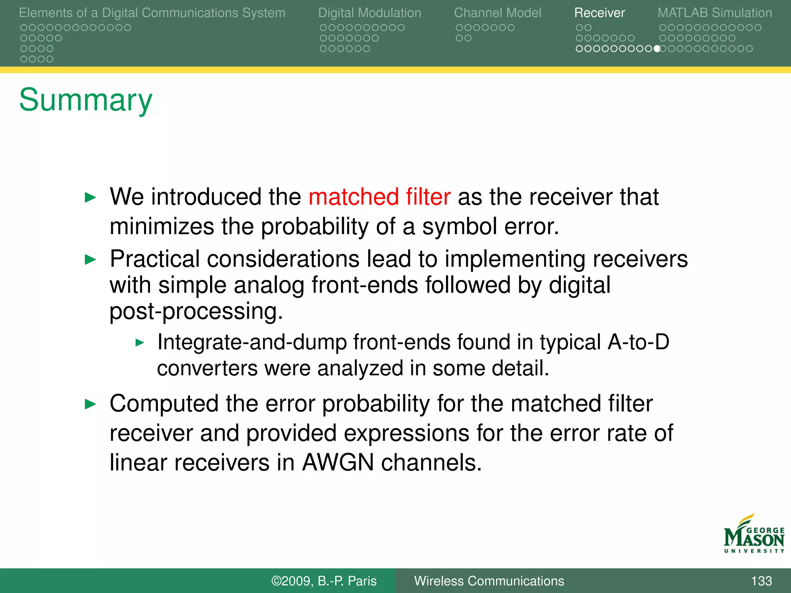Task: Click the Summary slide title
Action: point(86,100)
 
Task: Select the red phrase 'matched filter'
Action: point(379,197)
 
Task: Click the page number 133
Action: point(761,581)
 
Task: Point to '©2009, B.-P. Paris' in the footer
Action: point(324,581)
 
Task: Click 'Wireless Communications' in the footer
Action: point(489,581)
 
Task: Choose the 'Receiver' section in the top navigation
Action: point(599,13)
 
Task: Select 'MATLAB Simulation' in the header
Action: point(715,13)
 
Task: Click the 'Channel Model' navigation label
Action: point(497,13)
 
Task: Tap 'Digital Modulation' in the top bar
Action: point(370,13)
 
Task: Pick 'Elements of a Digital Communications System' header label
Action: point(152,13)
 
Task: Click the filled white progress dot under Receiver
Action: point(657,49)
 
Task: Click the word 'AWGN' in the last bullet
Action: point(338,462)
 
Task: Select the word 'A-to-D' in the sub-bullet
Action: point(638,342)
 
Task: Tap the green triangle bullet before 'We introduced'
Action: point(90,198)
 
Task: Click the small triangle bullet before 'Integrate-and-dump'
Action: point(140,342)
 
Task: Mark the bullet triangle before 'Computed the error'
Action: point(90,404)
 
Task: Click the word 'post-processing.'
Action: point(196,311)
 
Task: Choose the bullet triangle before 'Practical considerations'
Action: point(90,259)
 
